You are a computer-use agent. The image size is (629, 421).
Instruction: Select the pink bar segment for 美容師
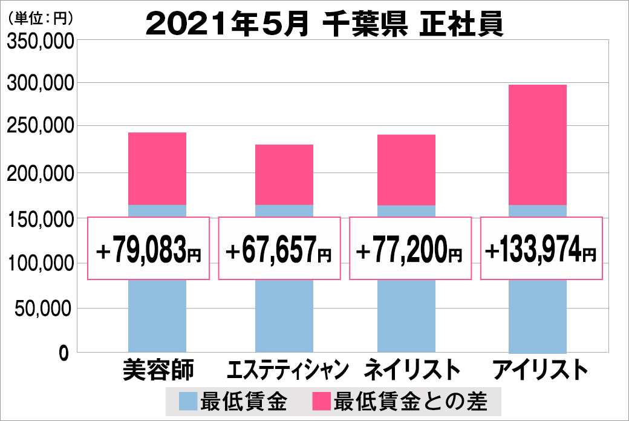[157, 168]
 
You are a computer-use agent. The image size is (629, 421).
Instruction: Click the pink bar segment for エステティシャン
[284, 174]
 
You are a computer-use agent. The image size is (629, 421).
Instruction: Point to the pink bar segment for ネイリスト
[406, 169]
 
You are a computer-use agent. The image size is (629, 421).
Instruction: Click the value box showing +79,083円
[149, 249]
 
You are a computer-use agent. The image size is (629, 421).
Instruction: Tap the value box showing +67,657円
[279, 249]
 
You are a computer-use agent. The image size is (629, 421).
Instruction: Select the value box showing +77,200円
[411, 249]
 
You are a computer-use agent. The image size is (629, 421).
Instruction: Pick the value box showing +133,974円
[541, 249]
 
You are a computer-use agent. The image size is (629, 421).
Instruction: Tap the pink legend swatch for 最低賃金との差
[320, 401]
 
